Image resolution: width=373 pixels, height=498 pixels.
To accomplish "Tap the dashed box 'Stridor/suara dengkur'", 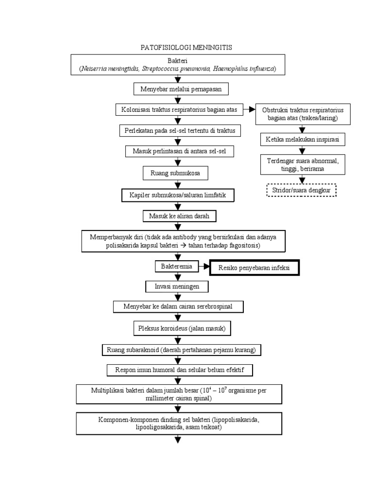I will pyautogui.click(x=302, y=190).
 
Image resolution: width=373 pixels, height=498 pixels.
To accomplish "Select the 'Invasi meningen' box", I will pyautogui.click(x=177, y=286).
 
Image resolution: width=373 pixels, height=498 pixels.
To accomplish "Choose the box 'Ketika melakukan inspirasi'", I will pyautogui.click(x=302, y=140).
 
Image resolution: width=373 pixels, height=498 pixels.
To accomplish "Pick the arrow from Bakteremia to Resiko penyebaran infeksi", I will pyautogui.click(x=203, y=267).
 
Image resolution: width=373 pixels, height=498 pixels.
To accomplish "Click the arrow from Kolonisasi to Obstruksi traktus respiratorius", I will pyautogui.click(x=249, y=110).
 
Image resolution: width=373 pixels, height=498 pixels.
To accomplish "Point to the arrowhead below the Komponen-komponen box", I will pyautogui.click(x=177, y=440).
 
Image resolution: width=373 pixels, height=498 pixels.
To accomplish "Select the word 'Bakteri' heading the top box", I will pyautogui.click(x=177, y=61).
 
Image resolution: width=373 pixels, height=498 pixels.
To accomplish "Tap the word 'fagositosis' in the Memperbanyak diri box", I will pyautogui.click(x=242, y=246).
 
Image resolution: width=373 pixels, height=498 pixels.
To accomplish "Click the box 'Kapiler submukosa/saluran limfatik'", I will pyautogui.click(x=178, y=195).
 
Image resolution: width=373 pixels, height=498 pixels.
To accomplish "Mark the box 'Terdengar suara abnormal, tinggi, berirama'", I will pyautogui.click(x=303, y=165).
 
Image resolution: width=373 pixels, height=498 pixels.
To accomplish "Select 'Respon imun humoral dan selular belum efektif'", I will pyautogui.click(x=180, y=371).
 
